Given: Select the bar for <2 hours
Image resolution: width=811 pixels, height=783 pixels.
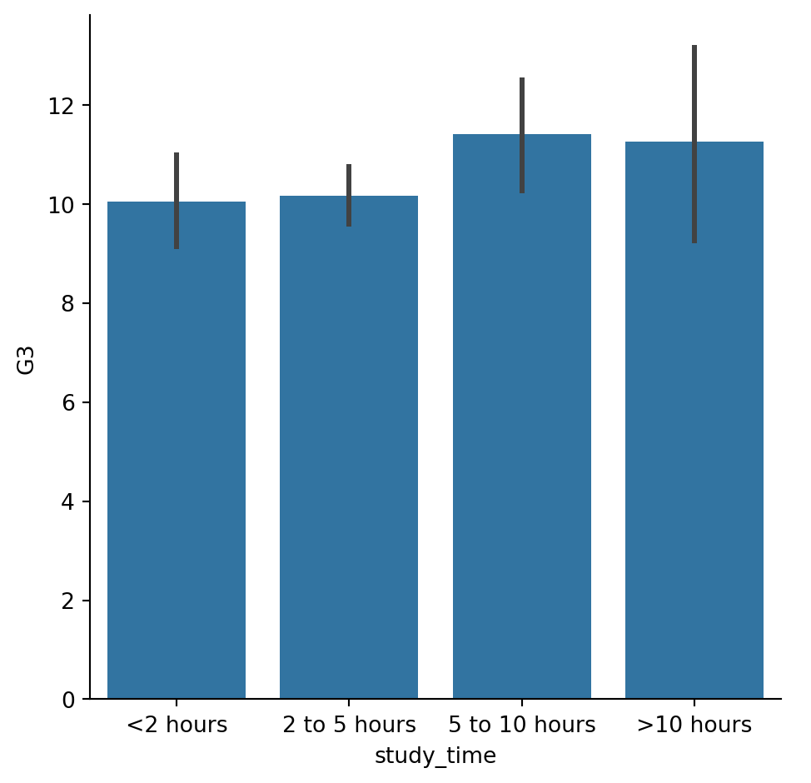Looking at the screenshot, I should [x=177, y=450].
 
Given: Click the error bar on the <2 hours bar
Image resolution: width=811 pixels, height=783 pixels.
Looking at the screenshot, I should [x=177, y=201].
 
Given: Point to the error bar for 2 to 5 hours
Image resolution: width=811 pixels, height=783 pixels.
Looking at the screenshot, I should [x=349, y=195].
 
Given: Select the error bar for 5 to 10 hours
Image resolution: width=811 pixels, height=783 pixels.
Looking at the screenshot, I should [x=522, y=135].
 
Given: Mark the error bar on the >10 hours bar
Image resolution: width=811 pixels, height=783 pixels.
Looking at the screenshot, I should [x=694, y=144].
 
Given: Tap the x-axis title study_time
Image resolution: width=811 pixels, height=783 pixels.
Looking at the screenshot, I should [x=435, y=756].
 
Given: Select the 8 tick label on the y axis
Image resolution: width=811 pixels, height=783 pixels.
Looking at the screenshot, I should [x=68, y=304].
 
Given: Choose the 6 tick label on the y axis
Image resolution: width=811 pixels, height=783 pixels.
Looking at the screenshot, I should [x=68, y=402].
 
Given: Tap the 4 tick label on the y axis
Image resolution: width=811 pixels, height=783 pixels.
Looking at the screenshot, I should [x=68, y=501].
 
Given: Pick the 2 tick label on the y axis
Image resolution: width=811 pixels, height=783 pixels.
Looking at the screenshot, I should [x=68, y=601].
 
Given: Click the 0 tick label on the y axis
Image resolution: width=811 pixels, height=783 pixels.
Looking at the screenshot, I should [x=68, y=700].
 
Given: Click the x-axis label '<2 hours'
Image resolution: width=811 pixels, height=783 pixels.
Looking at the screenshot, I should [x=177, y=726].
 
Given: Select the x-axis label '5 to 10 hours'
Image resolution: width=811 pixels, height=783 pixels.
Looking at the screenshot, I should [x=522, y=726].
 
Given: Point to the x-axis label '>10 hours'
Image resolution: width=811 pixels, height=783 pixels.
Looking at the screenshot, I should [x=694, y=726].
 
